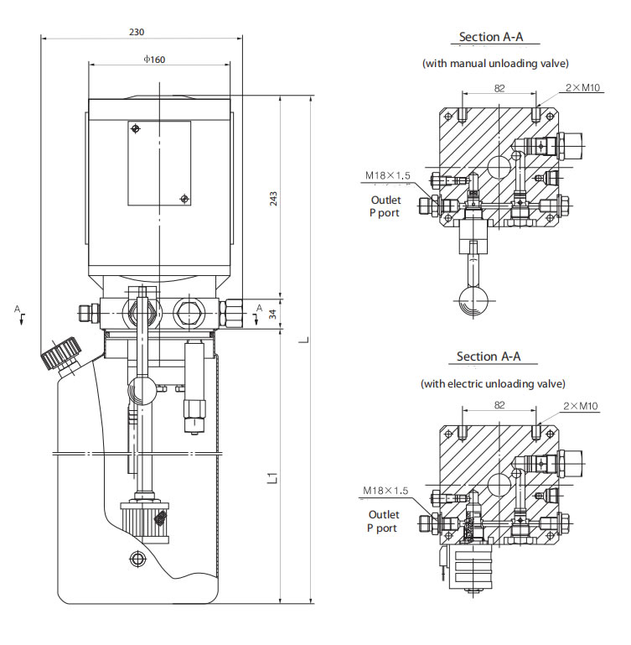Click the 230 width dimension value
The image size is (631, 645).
(137, 32)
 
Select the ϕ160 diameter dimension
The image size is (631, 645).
(153, 59)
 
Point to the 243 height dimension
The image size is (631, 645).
(273, 198)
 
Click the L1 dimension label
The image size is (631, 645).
(271, 479)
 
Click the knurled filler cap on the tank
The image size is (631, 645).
(60, 353)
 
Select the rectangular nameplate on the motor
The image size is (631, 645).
(159, 163)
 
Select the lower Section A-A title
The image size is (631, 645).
(489, 356)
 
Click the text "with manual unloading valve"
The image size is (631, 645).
(494, 64)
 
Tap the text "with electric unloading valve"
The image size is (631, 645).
(493, 383)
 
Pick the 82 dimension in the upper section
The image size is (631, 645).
(499, 87)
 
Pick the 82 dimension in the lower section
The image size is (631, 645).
(499, 405)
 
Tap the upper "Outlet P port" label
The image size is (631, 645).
(385, 206)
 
